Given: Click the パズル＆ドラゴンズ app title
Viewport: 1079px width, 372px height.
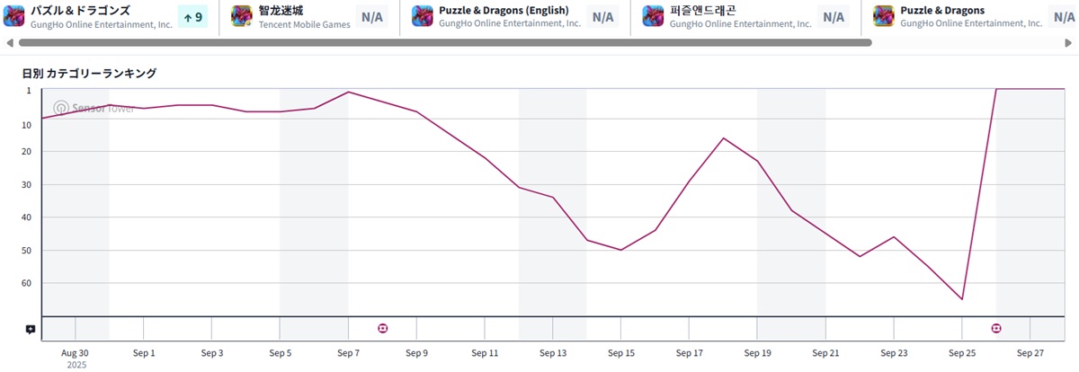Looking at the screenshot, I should (81, 10).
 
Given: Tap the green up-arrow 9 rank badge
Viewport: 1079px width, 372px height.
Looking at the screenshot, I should (192, 16).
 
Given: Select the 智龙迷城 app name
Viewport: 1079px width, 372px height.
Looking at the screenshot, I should (281, 10).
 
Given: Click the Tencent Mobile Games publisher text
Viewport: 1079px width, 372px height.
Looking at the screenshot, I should (303, 24).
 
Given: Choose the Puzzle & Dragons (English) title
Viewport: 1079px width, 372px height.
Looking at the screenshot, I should (504, 10).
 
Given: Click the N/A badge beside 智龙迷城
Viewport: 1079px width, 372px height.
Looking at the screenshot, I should (371, 16).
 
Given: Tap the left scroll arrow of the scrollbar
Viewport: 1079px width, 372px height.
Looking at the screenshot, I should (10, 42).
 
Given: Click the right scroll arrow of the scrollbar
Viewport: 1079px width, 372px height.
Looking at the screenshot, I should (1070, 42).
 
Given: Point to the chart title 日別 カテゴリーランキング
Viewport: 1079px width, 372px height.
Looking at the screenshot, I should (89, 73).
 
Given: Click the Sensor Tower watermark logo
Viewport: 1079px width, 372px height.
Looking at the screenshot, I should (61, 108).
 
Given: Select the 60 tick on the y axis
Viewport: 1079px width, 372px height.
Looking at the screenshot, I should (26, 283).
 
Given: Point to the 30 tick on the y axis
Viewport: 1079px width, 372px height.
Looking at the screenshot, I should (26, 184).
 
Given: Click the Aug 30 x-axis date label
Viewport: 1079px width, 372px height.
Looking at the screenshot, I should (76, 353).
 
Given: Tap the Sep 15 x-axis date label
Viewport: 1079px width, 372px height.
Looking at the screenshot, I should (621, 353).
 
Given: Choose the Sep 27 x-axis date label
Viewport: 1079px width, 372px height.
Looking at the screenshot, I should (1030, 353).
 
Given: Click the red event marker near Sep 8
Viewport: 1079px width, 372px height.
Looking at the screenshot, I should (383, 329).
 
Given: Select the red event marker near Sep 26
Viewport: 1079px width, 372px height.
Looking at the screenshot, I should (996, 329).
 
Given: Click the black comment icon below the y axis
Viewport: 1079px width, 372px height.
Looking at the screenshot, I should (31, 330).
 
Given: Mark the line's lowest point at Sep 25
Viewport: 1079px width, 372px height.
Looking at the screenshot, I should (962, 299).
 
